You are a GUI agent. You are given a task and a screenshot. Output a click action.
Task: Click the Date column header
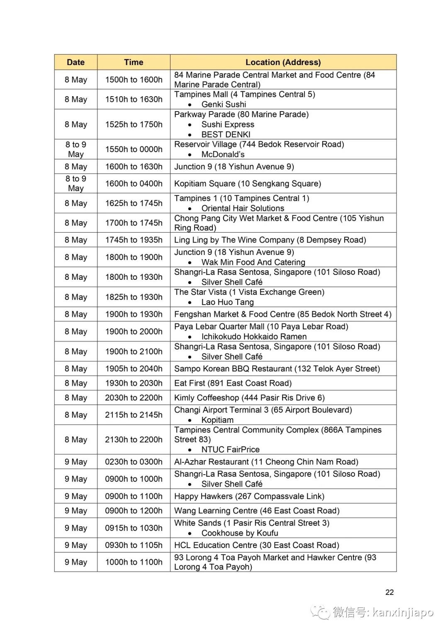[x=75, y=62]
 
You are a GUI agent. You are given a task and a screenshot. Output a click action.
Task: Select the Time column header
[x=134, y=62]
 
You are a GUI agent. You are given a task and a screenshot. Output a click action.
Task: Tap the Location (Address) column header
[x=283, y=62]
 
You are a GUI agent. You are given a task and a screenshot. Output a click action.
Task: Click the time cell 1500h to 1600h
[x=134, y=80]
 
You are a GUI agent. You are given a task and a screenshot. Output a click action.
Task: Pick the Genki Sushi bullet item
[x=224, y=104]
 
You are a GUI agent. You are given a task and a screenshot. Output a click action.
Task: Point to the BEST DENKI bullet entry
[x=226, y=134]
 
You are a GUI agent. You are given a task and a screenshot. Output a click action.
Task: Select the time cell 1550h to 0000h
[x=134, y=149]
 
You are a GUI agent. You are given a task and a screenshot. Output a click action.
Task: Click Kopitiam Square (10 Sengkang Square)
[x=247, y=184]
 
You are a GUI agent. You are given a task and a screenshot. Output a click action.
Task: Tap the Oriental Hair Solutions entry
[x=243, y=208]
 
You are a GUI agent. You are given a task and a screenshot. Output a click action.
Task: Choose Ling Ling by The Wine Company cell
[x=270, y=240]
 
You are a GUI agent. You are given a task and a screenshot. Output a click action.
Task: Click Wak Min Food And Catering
[x=253, y=262]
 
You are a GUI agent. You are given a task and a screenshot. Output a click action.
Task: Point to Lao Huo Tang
[x=227, y=302]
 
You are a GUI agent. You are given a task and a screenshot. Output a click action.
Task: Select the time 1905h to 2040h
[x=134, y=369]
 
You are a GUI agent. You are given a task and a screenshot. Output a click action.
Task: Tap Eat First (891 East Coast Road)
[x=233, y=383]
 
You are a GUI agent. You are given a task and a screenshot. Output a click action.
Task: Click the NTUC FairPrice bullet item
[x=230, y=449]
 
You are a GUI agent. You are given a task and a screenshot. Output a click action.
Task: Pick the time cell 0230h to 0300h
[x=134, y=462]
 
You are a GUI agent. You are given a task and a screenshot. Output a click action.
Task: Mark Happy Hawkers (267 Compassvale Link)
[x=249, y=496]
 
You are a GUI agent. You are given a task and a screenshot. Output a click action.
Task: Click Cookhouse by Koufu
[x=240, y=533]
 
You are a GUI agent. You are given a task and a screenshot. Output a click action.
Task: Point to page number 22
[x=390, y=592]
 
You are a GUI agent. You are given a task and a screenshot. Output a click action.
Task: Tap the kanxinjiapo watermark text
[x=402, y=612]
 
